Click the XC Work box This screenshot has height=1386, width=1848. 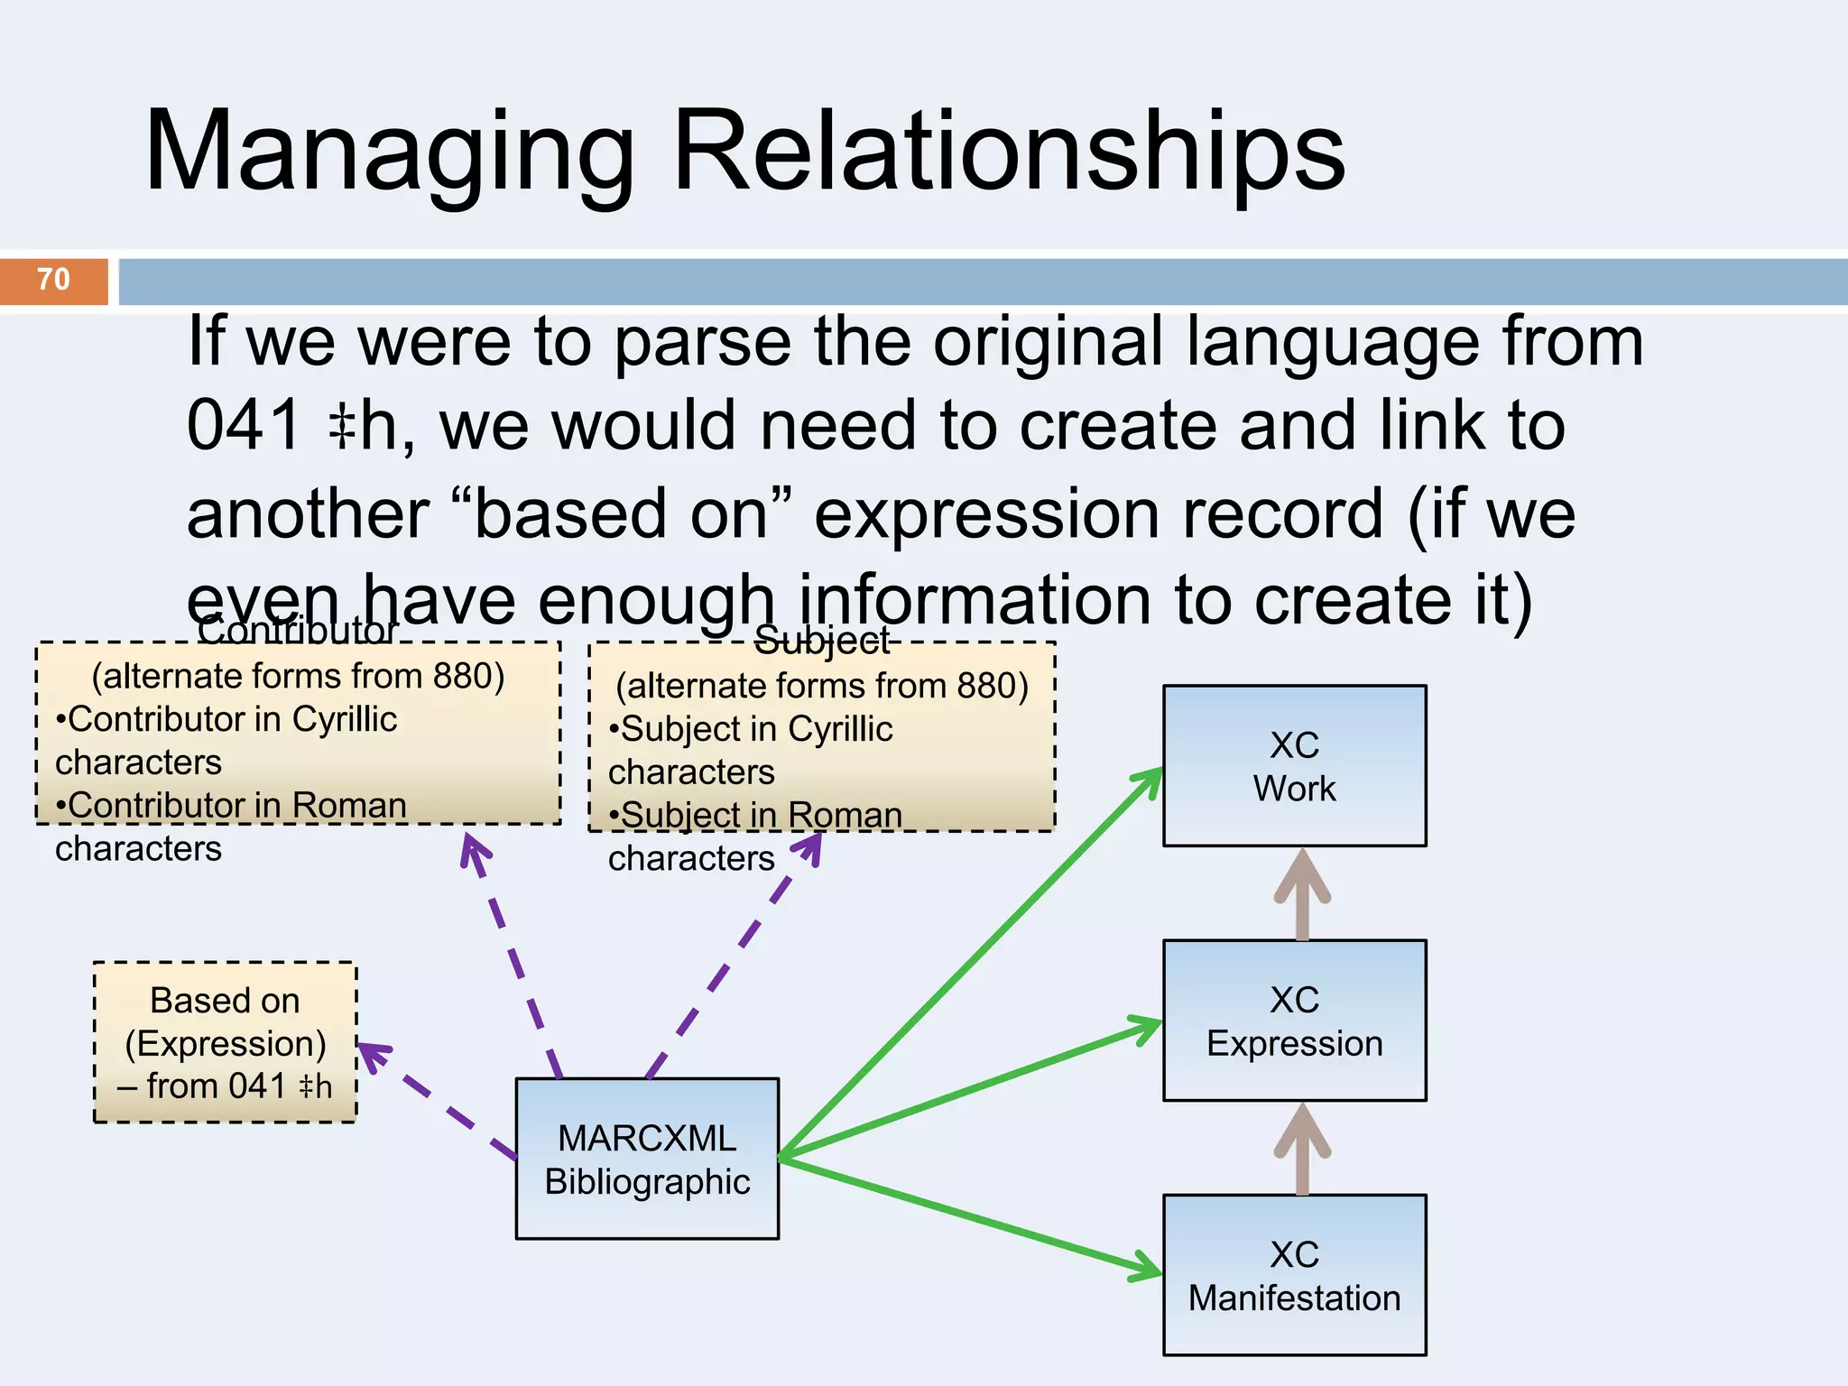pyautogui.click(x=1294, y=766)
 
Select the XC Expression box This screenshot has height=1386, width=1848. pyautogui.click(x=1294, y=1021)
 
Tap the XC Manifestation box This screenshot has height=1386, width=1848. pyautogui.click(x=1294, y=1275)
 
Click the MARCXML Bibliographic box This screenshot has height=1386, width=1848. pyautogui.click(x=647, y=1159)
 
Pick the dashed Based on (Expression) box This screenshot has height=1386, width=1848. pyautogui.click(x=225, y=1042)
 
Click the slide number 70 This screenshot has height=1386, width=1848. pyautogui.click(x=53, y=280)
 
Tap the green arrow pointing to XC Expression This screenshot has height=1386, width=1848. pyautogui.click(x=970, y=1088)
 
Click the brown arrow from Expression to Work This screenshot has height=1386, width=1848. pyautogui.click(x=1302, y=893)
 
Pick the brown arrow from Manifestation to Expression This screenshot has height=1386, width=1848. pyautogui.click(x=1302, y=1148)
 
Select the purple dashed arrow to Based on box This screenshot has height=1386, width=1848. pyautogui.click(x=438, y=1101)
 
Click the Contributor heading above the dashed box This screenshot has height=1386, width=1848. pyautogui.click(x=297, y=630)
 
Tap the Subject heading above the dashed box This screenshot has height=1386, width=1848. pyautogui.click(x=822, y=640)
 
